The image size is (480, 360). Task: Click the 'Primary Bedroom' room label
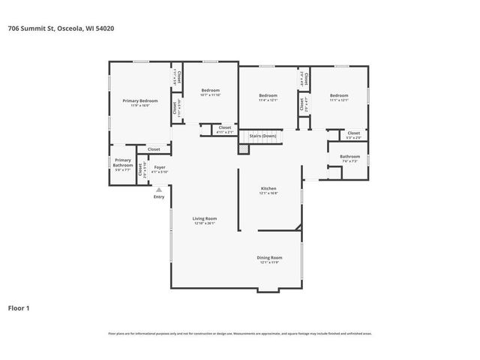point(140,100)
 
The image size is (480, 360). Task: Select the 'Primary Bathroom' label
point(123,162)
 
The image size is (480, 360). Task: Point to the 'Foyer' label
point(160,167)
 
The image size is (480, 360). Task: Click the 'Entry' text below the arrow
point(159,196)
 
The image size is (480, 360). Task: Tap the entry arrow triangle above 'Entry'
point(159,190)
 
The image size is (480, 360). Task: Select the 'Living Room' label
point(205,218)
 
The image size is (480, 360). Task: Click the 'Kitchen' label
point(268,188)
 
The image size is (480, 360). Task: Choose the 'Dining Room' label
point(270,257)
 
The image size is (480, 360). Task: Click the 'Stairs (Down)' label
point(262,136)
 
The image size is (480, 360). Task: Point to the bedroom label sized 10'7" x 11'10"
point(210,91)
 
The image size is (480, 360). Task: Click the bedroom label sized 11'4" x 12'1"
point(268,95)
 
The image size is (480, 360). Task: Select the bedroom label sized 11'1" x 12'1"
point(338,95)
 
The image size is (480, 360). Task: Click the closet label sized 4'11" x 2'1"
point(225,127)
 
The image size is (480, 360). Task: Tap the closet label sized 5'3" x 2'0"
point(354,133)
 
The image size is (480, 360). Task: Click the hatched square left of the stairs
point(243,149)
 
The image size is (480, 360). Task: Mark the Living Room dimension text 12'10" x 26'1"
point(205,223)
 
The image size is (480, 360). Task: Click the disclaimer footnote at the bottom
point(240,333)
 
